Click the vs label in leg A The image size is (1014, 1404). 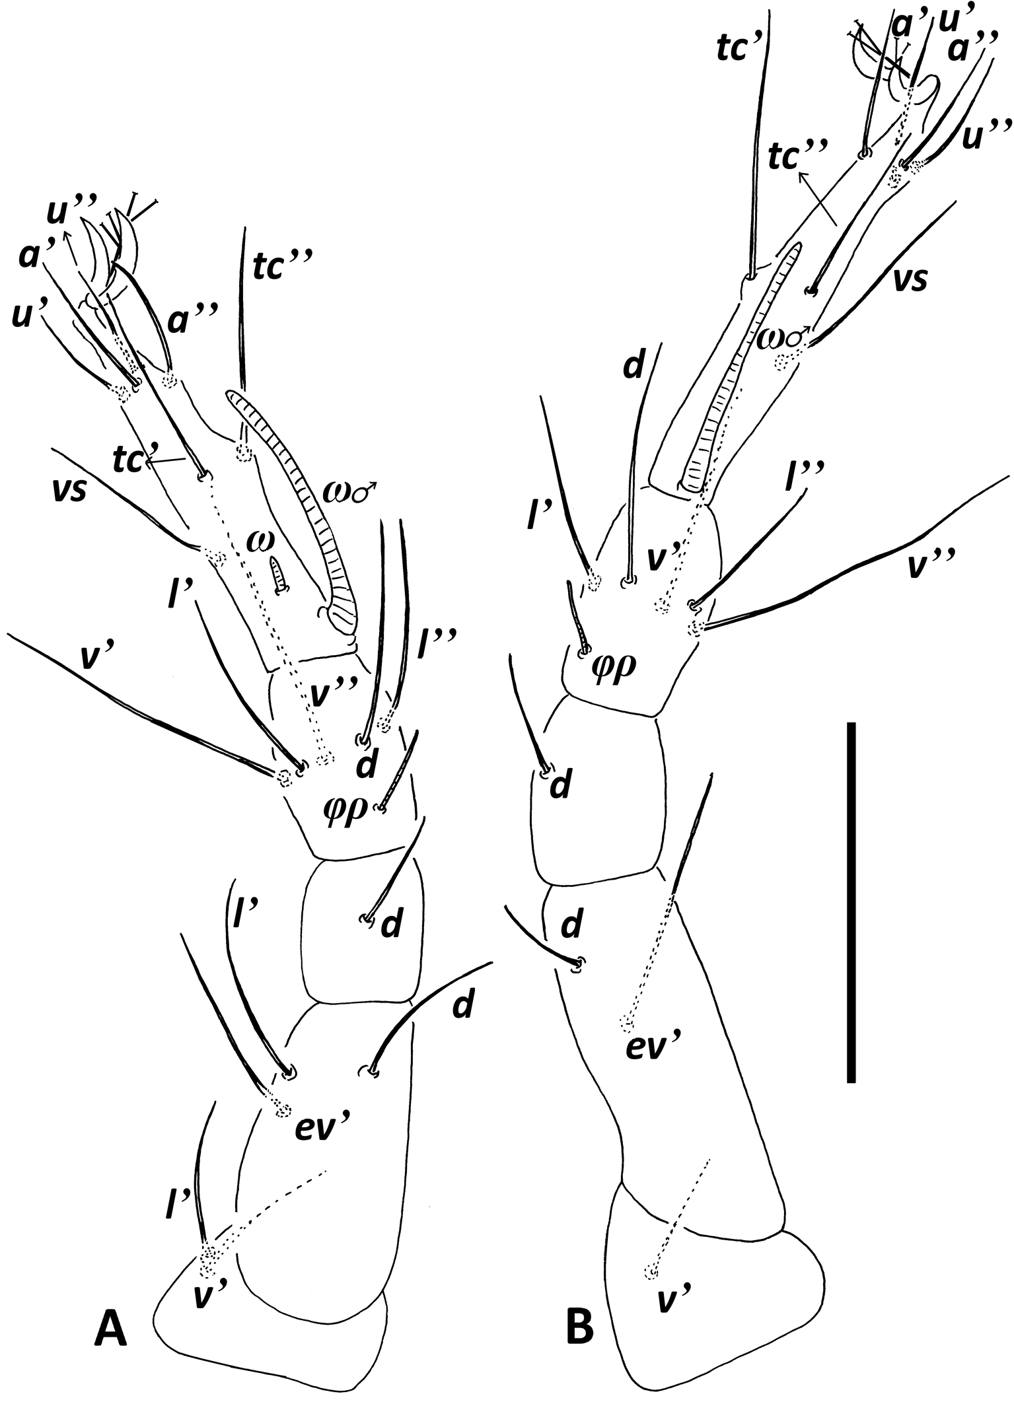(x=70, y=492)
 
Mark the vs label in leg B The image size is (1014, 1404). (x=910, y=279)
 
